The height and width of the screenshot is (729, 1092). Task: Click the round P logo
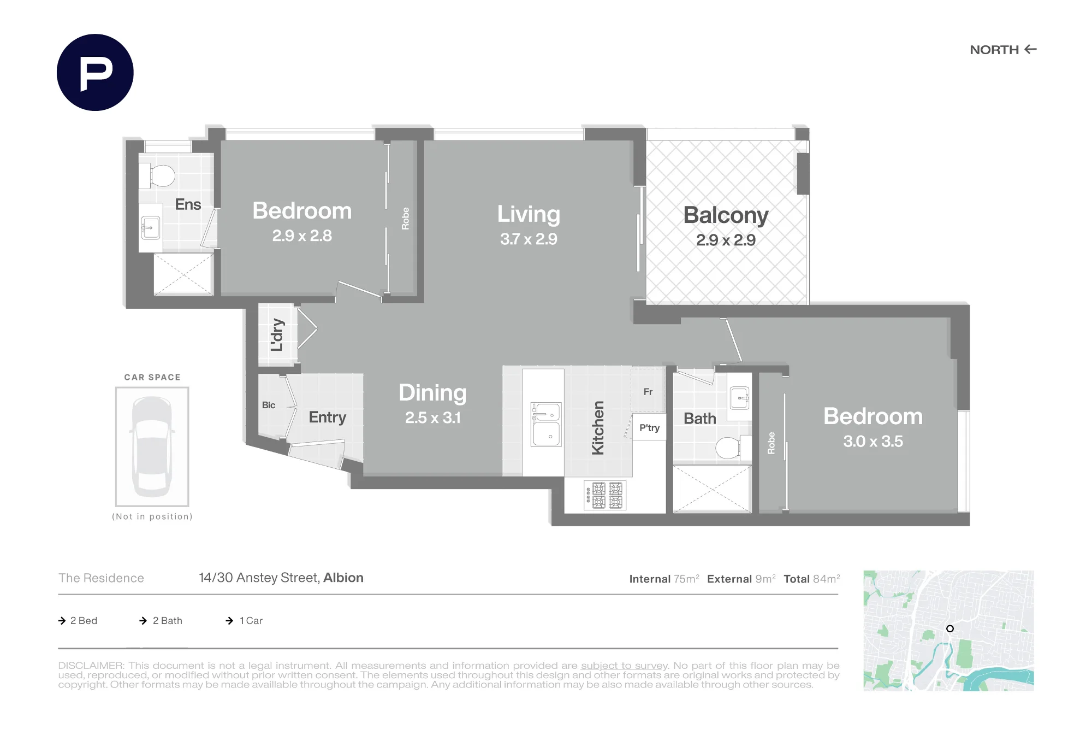(x=95, y=73)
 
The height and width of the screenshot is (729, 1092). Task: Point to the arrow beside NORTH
(x=1030, y=49)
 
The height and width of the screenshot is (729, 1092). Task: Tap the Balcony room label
(x=726, y=215)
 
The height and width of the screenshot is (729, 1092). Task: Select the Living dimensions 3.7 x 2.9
(x=529, y=239)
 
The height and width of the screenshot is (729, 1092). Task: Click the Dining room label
(x=432, y=393)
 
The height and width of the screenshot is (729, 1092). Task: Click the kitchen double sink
(x=546, y=424)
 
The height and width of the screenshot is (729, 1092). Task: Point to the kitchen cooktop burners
(x=604, y=495)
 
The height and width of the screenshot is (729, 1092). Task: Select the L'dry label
(x=277, y=334)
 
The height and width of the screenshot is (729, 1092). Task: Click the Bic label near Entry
(x=269, y=405)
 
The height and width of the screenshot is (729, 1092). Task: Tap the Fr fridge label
(x=648, y=392)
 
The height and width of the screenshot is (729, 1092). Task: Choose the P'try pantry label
(x=649, y=428)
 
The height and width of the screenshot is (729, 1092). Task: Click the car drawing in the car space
(x=152, y=446)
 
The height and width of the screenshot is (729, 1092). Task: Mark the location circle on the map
(x=950, y=628)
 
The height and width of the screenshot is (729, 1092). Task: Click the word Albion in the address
(x=343, y=578)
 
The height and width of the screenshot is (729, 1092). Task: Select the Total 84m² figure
(x=812, y=579)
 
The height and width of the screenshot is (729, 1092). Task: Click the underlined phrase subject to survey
(x=624, y=666)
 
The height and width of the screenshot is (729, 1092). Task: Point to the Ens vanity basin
(x=151, y=227)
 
